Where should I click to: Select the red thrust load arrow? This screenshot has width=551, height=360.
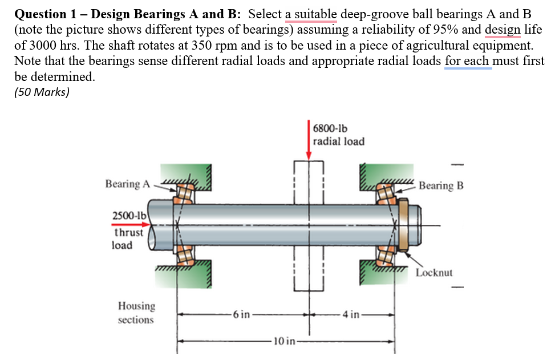click(x=130, y=225)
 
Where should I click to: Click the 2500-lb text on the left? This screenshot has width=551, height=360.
click(x=129, y=216)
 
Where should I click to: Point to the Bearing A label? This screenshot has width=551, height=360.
click(x=128, y=184)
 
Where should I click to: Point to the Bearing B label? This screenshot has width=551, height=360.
click(x=441, y=185)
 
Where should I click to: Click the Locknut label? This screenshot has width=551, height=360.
click(x=434, y=272)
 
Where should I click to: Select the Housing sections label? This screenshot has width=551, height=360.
click(x=136, y=313)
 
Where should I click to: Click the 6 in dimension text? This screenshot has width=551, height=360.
click(x=241, y=314)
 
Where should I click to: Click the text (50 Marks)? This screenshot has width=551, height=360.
click(x=41, y=92)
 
